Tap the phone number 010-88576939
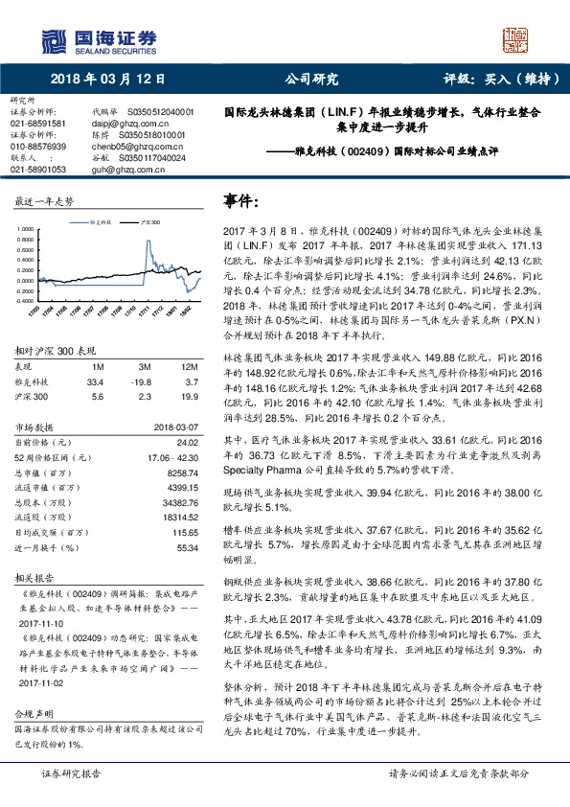(x=38, y=147)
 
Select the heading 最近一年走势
(x=44, y=201)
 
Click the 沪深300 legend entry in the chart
(x=148, y=220)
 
